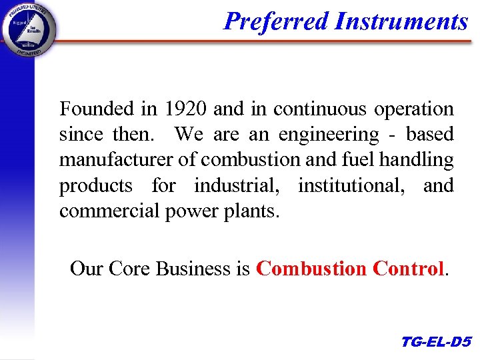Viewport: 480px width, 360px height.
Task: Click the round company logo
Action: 28,28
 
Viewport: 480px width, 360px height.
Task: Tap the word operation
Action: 414,109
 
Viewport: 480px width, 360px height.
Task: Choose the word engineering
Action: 329,135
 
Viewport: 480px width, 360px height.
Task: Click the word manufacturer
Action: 118,160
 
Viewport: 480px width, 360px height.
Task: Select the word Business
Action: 193,269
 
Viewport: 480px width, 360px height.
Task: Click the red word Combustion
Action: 311,269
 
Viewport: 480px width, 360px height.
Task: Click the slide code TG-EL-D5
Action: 436,343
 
